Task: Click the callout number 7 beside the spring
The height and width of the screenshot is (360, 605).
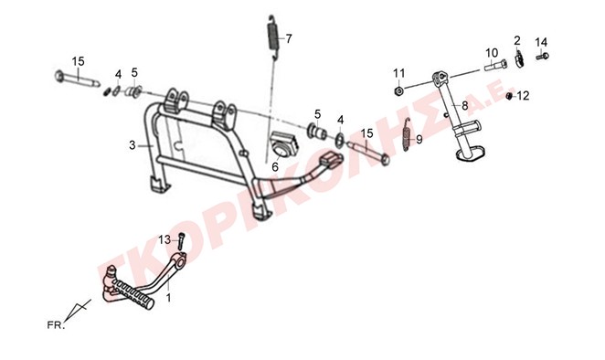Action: tap(289, 38)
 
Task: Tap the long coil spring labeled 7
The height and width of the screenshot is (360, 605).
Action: tap(273, 37)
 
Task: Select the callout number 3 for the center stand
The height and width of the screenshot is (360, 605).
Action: tap(133, 145)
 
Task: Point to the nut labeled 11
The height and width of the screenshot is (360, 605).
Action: tap(398, 91)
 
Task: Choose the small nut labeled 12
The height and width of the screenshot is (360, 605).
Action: tap(509, 96)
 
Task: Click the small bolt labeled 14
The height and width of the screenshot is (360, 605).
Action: tap(543, 57)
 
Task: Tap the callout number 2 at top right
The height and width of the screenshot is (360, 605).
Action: tap(517, 40)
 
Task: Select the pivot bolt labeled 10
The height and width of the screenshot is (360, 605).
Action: tap(496, 66)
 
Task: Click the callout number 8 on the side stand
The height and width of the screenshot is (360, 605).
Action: tap(464, 105)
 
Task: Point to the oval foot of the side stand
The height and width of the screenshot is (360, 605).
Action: tap(471, 154)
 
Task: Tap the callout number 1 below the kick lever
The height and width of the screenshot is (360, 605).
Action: tap(168, 298)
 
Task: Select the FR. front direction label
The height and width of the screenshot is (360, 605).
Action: tap(56, 325)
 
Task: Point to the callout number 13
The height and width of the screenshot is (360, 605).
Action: tap(165, 239)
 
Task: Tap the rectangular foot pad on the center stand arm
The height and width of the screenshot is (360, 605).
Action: tap(332, 159)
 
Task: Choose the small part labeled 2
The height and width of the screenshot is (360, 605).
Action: tap(519, 58)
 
